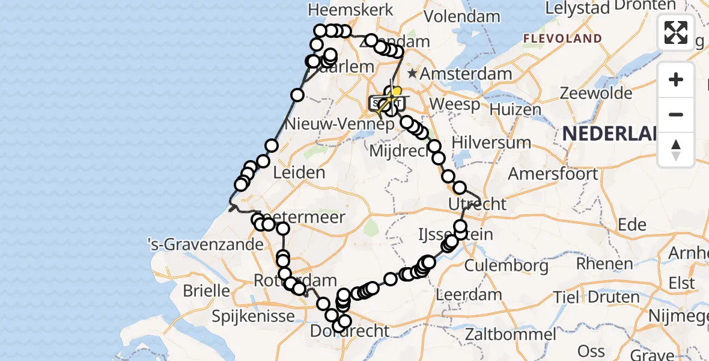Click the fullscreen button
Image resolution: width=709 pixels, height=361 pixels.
pyautogui.click(x=676, y=32)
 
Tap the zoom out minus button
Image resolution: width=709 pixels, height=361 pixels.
pyautogui.click(x=676, y=114)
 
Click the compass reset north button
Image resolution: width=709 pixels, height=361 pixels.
pyautogui.click(x=676, y=150)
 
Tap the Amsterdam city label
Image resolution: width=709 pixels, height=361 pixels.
pyautogui.click(x=466, y=75)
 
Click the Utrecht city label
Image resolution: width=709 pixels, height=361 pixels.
pyautogui.click(x=478, y=204)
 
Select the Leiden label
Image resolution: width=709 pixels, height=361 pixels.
pyautogui.click(x=299, y=173)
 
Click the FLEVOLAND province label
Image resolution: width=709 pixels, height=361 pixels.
pyautogui.click(x=562, y=39)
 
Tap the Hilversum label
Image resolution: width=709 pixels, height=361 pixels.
pyautogui.click(x=491, y=143)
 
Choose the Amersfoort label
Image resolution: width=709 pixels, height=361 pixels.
pyautogui.click(x=553, y=174)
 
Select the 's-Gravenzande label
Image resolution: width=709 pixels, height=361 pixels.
pyautogui.click(x=206, y=245)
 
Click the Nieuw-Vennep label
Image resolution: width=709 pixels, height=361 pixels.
pyautogui.click(x=340, y=125)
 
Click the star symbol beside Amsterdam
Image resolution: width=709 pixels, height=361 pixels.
pyautogui.click(x=412, y=74)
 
